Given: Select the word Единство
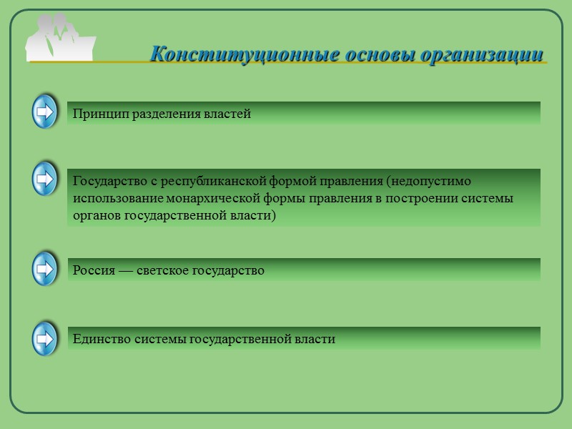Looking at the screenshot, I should (x=102, y=340).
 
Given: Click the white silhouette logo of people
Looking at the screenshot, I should (x=60, y=37).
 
